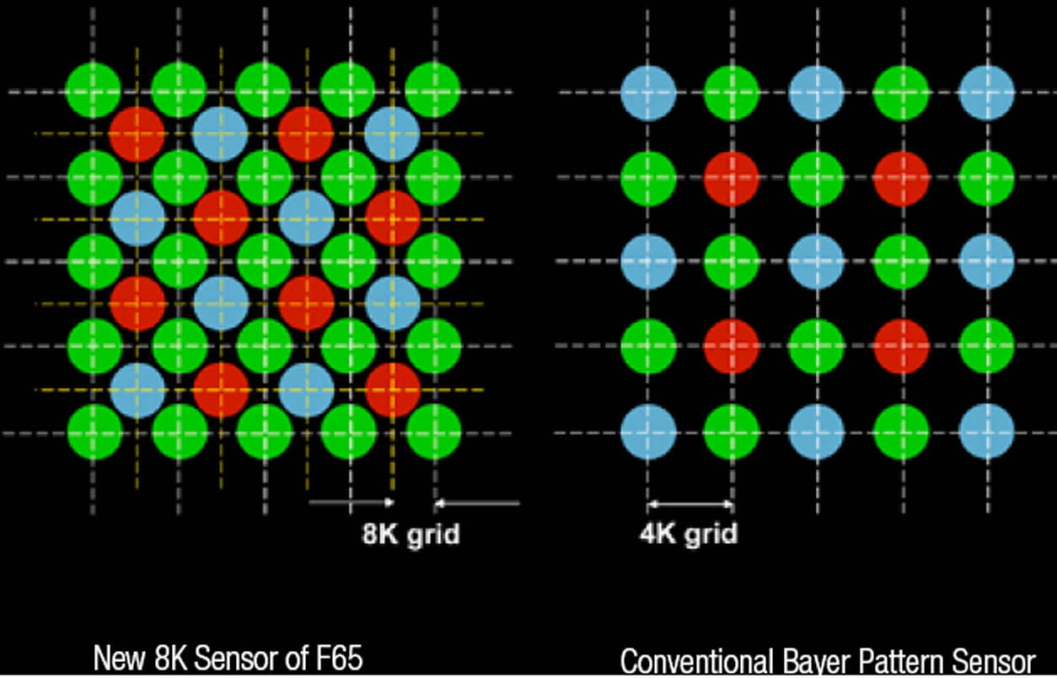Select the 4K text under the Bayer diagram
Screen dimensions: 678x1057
pyautogui.click(x=657, y=534)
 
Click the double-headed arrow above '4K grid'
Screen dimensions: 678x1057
pyautogui.click(x=690, y=504)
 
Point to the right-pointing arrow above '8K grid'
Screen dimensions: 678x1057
pyautogui.click(x=351, y=503)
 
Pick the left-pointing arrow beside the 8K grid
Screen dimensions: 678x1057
pyautogui.click(x=477, y=503)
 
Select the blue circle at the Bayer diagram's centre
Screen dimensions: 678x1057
pyautogui.click(x=817, y=261)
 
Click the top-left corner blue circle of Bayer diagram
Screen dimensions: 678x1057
pyautogui.click(x=648, y=92)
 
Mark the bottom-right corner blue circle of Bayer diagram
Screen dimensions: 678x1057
pyautogui.click(x=986, y=432)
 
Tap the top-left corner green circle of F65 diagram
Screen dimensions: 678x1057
pyautogui.click(x=94, y=90)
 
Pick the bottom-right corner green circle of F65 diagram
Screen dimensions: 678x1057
pyautogui.click(x=434, y=432)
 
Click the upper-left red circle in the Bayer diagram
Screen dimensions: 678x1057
pyautogui.click(x=732, y=179)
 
